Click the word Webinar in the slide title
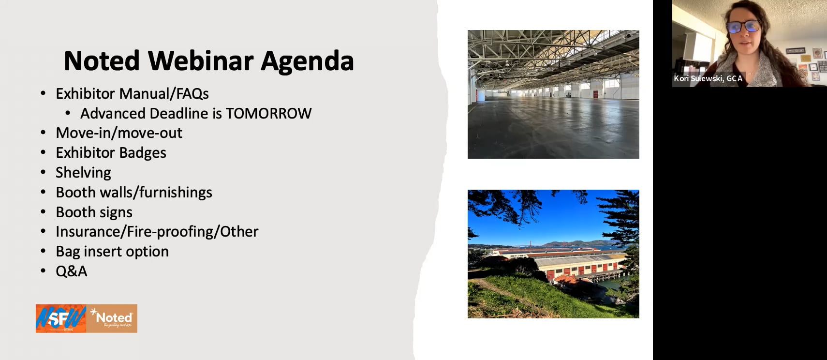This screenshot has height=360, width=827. pos(201,61)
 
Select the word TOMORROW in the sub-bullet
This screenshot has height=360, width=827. pos(268,113)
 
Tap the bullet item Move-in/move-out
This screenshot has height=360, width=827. pos(119,133)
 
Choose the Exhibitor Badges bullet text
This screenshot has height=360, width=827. pos(111,153)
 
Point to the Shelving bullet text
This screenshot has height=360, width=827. pos(83,173)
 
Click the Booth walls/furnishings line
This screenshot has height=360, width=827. pos(134,193)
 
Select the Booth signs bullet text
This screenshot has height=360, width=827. pos(94,212)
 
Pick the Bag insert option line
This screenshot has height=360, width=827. pos(112,252)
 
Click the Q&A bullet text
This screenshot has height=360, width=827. pos(72,271)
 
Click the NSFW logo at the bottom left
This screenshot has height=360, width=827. pos(61,318)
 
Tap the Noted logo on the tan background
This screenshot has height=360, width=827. pos(113,318)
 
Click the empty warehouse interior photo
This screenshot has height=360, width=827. pos(553,94)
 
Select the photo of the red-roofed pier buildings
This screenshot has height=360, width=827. pos(553,254)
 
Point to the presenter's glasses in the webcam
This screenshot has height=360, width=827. pos(743,26)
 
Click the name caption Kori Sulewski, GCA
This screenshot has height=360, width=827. pos(708,78)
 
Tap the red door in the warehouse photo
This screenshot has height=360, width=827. pos(595,94)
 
